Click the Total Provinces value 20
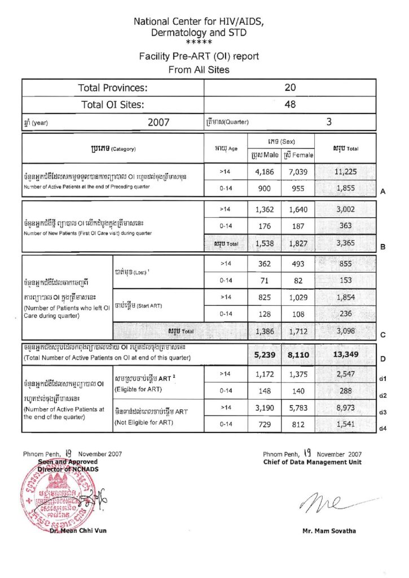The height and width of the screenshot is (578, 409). coord(290,87)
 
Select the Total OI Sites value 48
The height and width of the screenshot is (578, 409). coord(290,104)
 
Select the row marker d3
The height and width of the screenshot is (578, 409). coord(383,412)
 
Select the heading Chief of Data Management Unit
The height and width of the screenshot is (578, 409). coord(312,462)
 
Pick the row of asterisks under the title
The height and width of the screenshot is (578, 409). coord(199,42)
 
